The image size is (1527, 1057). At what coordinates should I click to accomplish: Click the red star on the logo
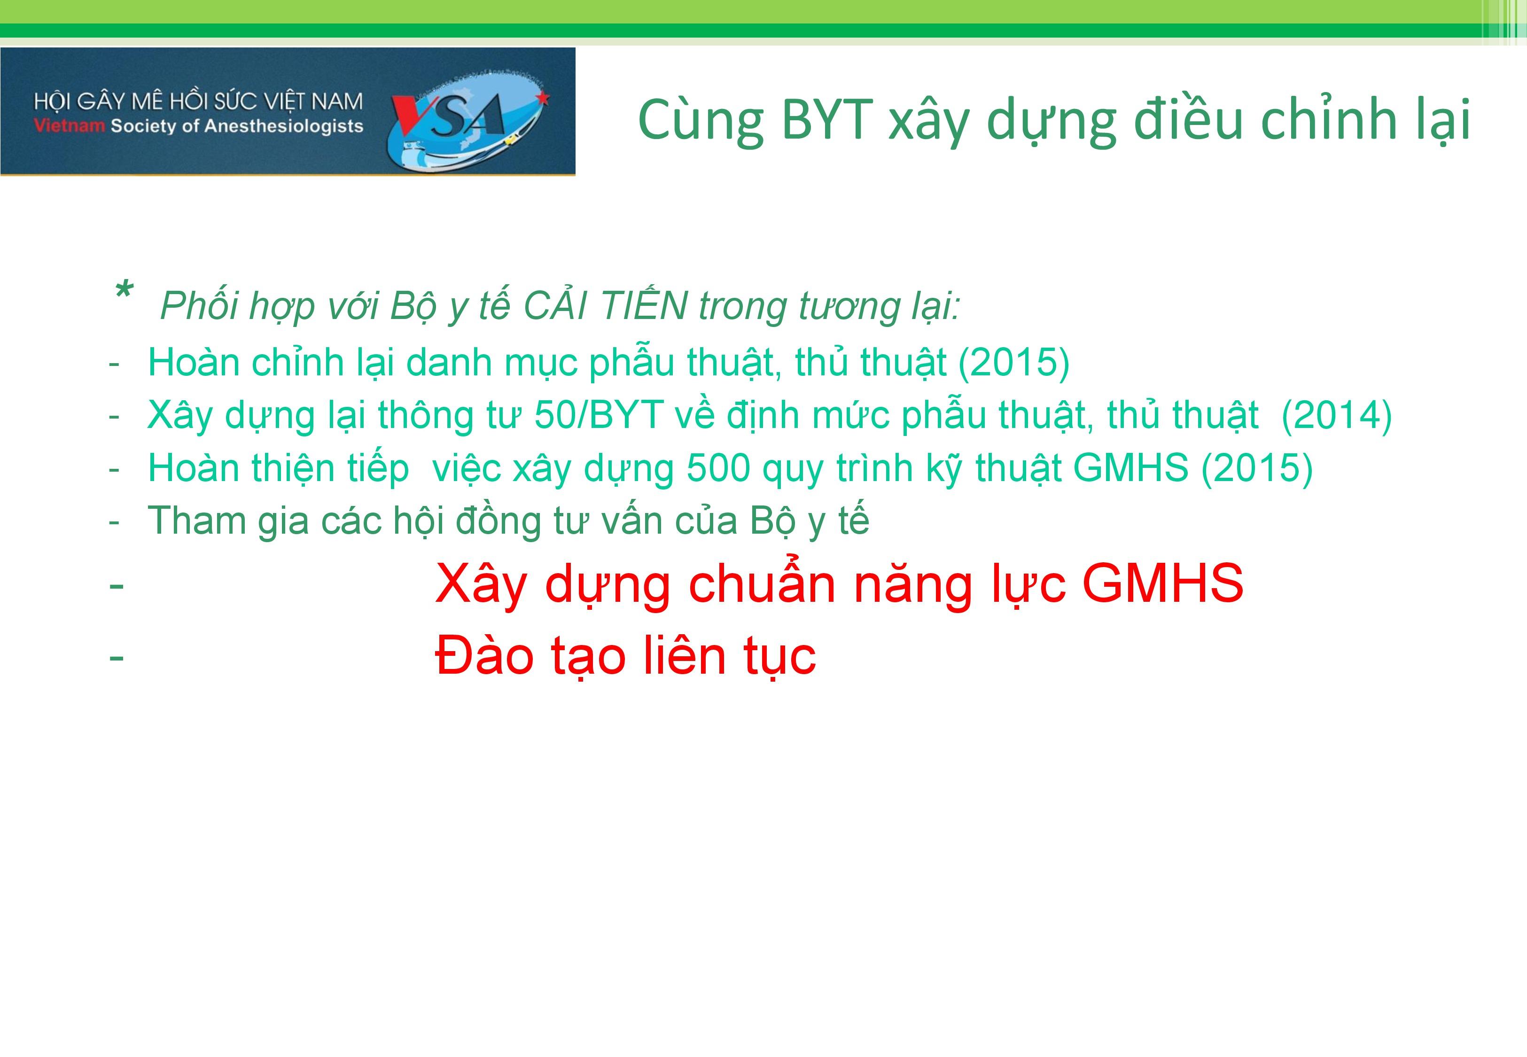(x=543, y=99)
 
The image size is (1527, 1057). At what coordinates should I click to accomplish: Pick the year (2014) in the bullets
(x=1337, y=416)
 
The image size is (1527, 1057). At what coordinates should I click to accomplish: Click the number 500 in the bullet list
(x=718, y=468)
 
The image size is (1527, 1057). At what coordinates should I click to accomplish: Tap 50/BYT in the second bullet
(x=599, y=416)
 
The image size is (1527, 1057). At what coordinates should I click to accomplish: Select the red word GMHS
(x=1162, y=583)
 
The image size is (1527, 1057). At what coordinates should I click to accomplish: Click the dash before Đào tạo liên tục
(x=117, y=658)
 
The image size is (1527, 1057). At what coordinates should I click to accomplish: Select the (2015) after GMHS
(x=1257, y=468)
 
